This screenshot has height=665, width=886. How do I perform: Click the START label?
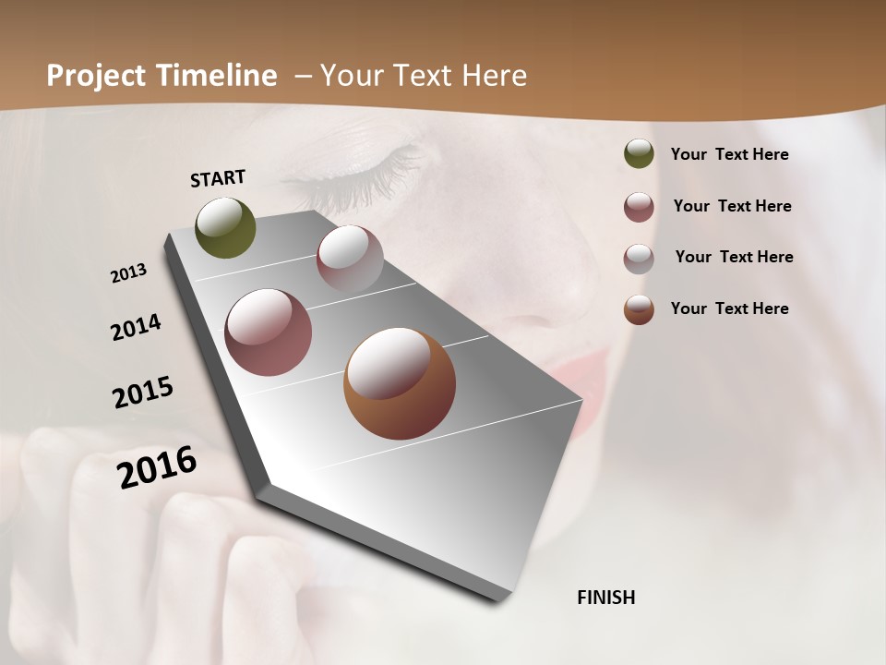(x=218, y=178)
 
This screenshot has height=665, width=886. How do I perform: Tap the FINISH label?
(x=606, y=598)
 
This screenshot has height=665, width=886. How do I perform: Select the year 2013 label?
(x=129, y=273)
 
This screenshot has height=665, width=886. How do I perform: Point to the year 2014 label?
(x=137, y=328)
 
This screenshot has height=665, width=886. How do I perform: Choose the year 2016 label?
(x=158, y=467)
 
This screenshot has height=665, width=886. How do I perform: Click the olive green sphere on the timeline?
(x=226, y=228)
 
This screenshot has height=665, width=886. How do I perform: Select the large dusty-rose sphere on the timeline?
(x=269, y=332)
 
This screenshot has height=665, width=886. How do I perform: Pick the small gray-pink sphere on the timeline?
(x=350, y=259)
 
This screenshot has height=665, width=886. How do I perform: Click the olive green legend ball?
(x=639, y=154)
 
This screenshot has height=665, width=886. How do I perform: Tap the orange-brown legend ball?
(x=639, y=309)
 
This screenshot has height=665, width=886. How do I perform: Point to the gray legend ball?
(x=639, y=259)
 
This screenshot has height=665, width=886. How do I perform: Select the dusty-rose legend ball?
(x=639, y=207)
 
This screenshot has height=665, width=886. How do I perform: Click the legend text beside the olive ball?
(x=730, y=155)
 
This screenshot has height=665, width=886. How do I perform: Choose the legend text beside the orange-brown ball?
(x=730, y=308)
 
